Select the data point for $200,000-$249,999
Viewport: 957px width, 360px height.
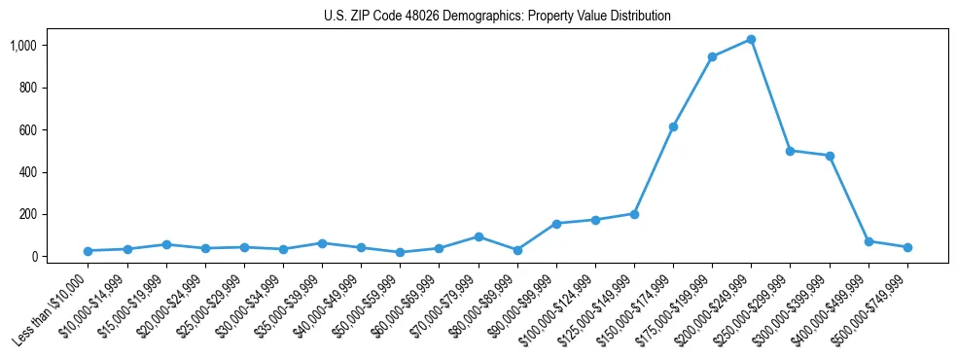pos(751,40)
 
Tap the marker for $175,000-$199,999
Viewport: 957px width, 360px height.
pos(712,57)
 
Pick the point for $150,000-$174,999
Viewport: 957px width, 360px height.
pos(673,126)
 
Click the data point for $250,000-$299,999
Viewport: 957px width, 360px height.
pos(790,151)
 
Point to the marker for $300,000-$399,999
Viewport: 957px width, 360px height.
pos(830,156)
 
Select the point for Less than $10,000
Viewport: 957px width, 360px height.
pos(89,251)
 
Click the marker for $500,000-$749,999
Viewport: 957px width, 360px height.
pos(907,247)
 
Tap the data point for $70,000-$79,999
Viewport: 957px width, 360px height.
pos(478,236)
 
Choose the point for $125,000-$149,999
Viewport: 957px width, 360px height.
pos(634,214)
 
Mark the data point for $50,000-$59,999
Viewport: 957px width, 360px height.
pos(400,252)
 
